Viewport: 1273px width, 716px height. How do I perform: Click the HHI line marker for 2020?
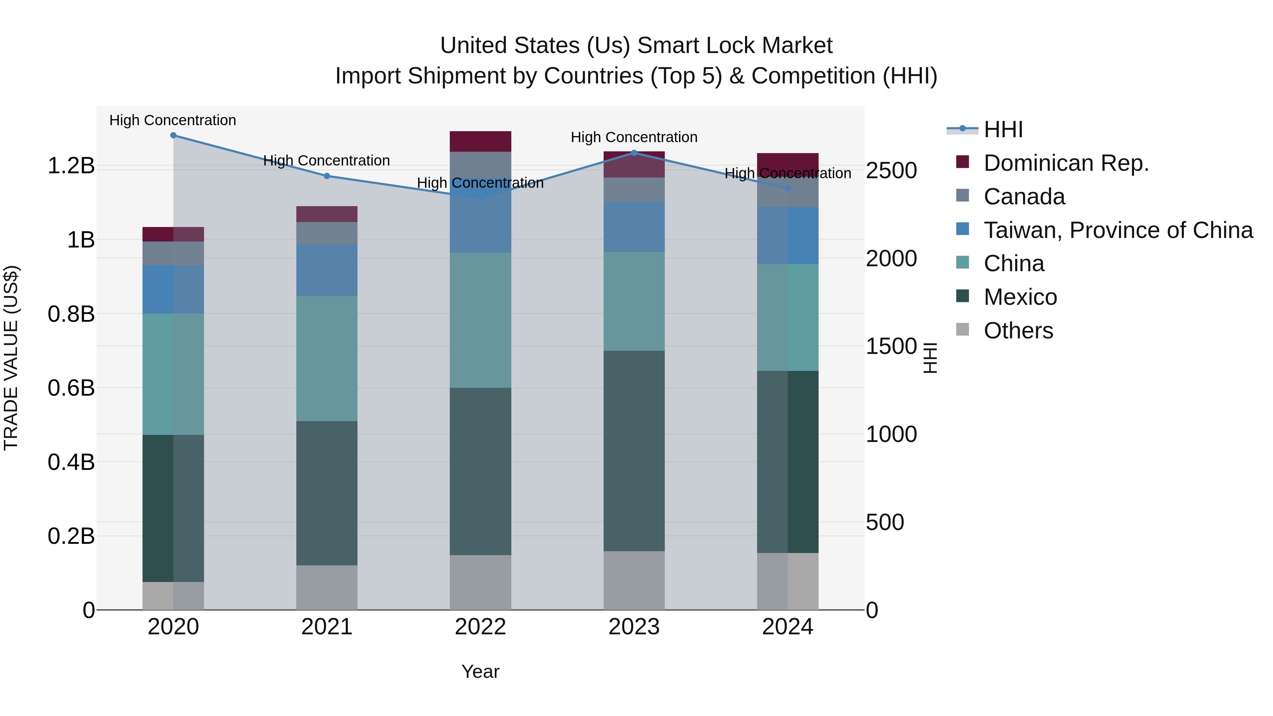[x=173, y=135]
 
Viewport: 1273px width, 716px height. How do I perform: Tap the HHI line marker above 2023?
[x=634, y=153]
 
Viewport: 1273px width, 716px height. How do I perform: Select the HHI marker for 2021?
[x=327, y=176]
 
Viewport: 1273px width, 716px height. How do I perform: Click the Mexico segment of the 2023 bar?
[x=634, y=451]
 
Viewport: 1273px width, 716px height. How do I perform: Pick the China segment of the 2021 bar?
[x=327, y=358]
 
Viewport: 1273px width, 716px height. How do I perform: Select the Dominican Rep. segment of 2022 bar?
[x=480, y=141]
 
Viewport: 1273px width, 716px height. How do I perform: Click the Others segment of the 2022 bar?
[x=480, y=582]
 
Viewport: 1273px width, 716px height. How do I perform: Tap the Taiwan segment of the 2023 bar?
[x=634, y=227]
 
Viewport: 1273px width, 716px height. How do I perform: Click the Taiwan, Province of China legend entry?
[x=1118, y=230]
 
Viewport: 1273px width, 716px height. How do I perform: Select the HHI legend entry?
[x=1003, y=129]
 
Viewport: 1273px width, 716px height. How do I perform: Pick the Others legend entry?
[x=1018, y=331]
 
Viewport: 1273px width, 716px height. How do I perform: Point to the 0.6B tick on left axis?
[x=71, y=388]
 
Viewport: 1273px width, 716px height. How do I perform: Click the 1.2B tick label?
[x=71, y=165]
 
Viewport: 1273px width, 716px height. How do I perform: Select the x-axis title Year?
[x=480, y=671]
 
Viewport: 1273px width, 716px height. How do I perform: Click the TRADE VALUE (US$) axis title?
[x=11, y=358]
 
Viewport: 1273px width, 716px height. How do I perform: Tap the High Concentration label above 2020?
[x=173, y=120]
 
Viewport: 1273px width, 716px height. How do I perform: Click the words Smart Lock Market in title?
[x=734, y=46]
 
